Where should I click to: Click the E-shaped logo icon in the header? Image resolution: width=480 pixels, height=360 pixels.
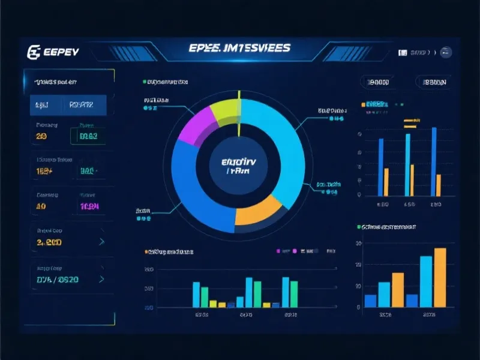[x=34, y=52]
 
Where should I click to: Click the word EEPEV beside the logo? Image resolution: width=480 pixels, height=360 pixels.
[x=61, y=52]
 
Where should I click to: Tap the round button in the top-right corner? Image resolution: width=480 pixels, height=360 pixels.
[x=446, y=52]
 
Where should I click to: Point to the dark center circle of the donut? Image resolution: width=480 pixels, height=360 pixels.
[x=238, y=165]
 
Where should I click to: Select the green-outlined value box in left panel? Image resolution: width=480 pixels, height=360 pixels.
[x=88, y=137]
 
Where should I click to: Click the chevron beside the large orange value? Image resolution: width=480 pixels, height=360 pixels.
[x=102, y=242]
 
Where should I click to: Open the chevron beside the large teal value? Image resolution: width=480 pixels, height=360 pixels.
[x=102, y=279]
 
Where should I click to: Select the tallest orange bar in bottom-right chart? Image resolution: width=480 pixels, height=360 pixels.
[x=440, y=277]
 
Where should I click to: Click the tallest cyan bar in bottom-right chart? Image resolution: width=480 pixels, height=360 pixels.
[x=426, y=281]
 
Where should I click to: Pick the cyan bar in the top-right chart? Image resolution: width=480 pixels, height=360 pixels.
[x=408, y=165]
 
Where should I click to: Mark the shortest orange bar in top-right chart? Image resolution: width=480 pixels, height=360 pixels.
[x=438, y=185]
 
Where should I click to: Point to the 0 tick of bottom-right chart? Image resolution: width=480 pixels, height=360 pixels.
[x=358, y=307]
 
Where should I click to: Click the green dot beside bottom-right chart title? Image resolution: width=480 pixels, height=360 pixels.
[x=359, y=227]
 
